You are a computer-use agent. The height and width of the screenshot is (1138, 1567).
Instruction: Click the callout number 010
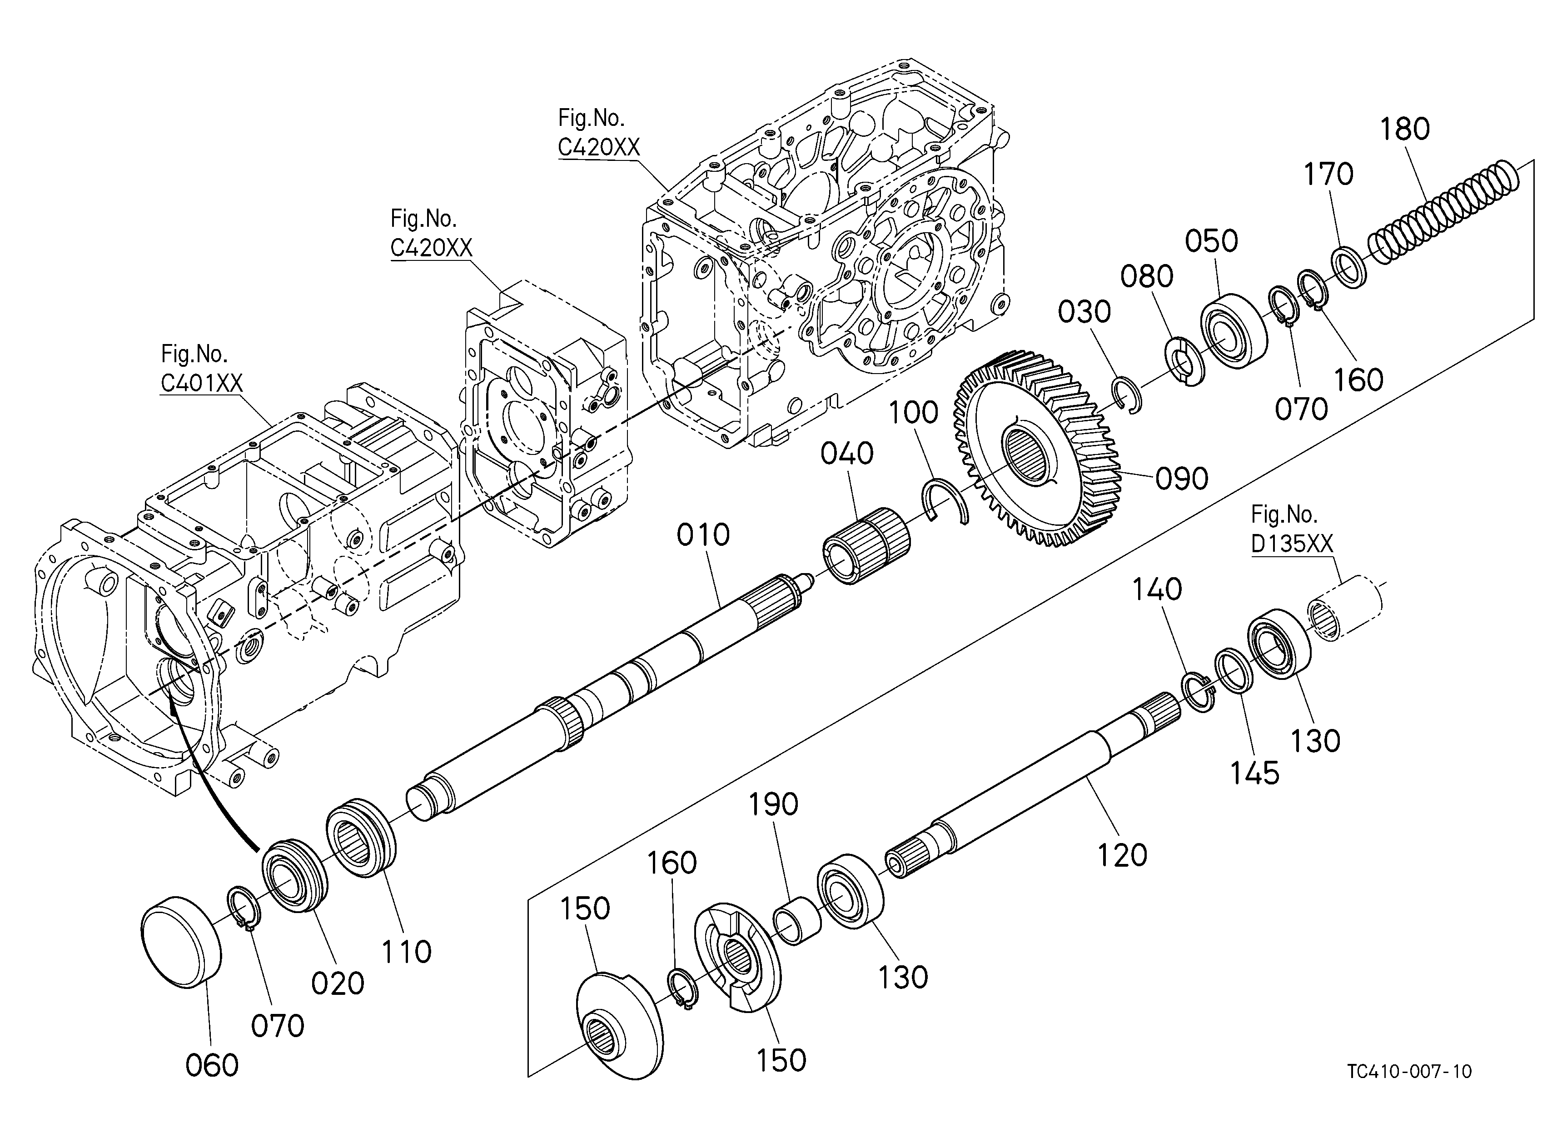pyautogui.click(x=703, y=535)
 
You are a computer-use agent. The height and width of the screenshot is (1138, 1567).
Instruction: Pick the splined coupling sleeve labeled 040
pyautogui.click(x=866, y=546)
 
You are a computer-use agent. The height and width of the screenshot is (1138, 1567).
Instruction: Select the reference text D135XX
pyautogui.click(x=1291, y=544)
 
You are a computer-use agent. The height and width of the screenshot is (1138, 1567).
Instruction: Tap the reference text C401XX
pyautogui.click(x=201, y=383)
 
